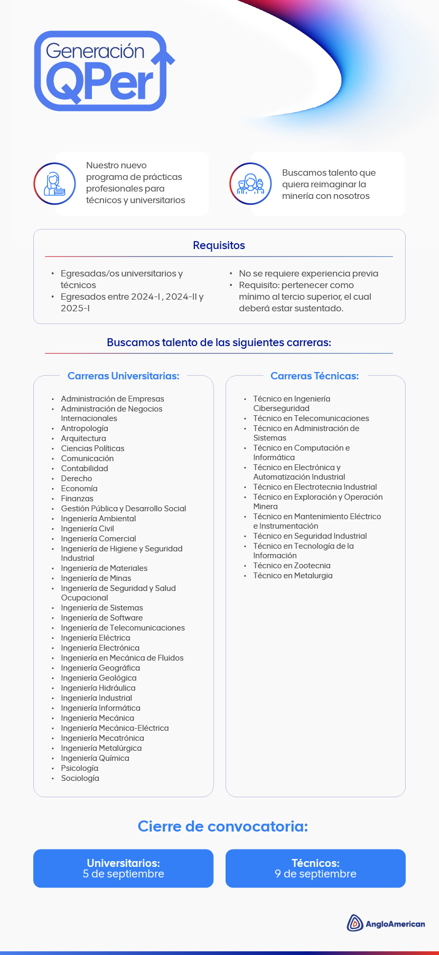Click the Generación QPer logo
[x=104, y=71]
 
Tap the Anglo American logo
[x=386, y=923]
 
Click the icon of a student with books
[x=54, y=184]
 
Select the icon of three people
[x=250, y=184]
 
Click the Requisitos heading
[x=219, y=245]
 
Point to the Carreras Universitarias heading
[x=123, y=376]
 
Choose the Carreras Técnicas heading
[x=314, y=376]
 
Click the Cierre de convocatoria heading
[x=222, y=826]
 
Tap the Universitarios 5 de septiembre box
[x=123, y=868]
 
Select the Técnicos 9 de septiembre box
[x=315, y=868]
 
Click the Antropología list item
[x=85, y=428]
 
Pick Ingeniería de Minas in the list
[x=96, y=578]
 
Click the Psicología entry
[x=80, y=768]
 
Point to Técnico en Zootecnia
[x=292, y=566]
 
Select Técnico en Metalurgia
[x=293, y=576]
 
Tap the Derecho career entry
[x=77, y=479]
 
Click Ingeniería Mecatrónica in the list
[x=102, y=738]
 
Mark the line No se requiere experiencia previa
[x=309, y=273]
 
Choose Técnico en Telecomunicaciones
[x=311, y=418]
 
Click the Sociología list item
[x=80, y=778]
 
